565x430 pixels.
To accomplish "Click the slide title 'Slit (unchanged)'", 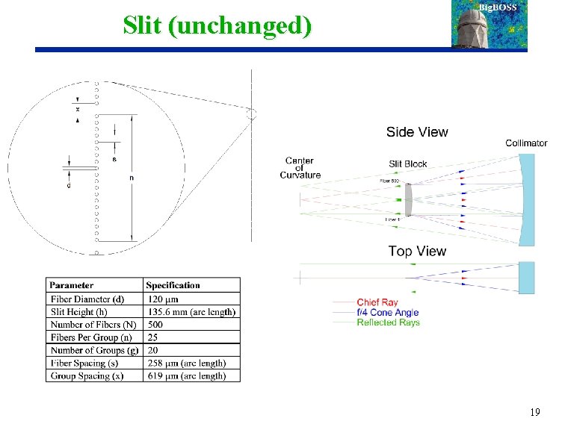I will click(x=217, y=25).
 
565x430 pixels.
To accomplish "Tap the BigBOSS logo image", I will click(x=490, y=24).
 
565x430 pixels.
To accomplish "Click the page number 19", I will click(x=534, y=412).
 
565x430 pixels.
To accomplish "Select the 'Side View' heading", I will click(x=417, y=132).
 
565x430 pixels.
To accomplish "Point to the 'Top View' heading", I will click(x=417, y=252).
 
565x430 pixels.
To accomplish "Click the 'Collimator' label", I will click(x=526, y=143).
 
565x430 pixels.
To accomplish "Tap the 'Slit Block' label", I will click(x=408, y=164).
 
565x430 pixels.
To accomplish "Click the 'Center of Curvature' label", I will click(x=300, y=168).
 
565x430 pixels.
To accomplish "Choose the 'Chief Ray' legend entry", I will click(x=377, y=302).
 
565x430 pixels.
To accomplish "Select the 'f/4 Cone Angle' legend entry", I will click(x=387, y=312).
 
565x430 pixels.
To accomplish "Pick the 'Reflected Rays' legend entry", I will click(x=388, y=322).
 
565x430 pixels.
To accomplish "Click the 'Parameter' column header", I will click(x=72, y=285).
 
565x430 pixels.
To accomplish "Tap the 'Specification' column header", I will click(x=173, y=285).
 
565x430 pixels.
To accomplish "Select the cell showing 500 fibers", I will click(x=155, y=325).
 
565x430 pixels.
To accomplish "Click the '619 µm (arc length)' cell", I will click(x=186, y=376).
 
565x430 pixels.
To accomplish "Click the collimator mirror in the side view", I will click(x=528, y=199).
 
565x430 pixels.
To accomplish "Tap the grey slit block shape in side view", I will click(x=409, y=199).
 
